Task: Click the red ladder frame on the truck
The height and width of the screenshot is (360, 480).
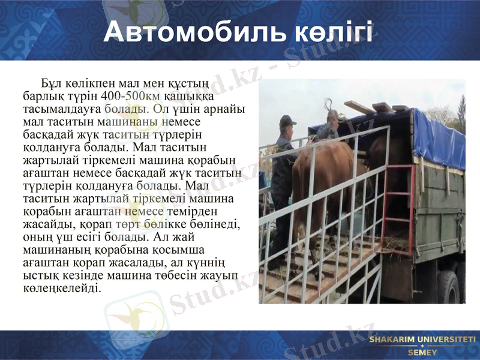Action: click(x=399, y=198)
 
